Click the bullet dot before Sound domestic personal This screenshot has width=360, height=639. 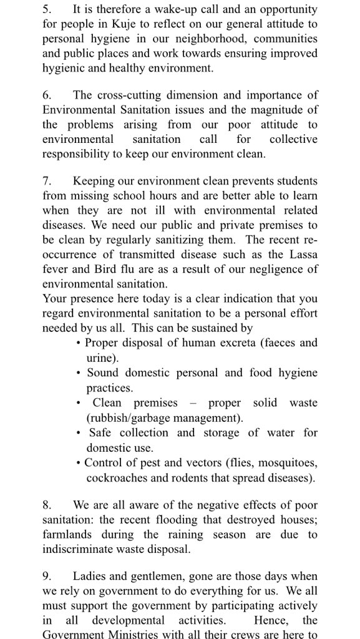pos(78,373)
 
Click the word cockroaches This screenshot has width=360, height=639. pos(115,477)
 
